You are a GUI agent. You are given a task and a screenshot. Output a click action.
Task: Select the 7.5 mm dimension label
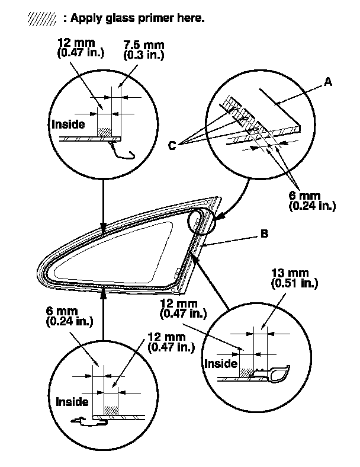[142, 45]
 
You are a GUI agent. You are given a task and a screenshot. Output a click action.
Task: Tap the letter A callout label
[327, 84]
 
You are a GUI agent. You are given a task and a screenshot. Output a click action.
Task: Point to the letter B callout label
[264, 234]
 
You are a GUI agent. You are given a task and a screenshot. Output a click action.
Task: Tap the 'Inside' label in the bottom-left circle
[72, 401]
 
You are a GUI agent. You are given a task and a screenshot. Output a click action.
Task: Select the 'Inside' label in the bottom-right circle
[220, 362]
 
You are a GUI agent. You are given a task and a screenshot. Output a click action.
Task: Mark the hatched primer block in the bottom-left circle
[111, 410]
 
